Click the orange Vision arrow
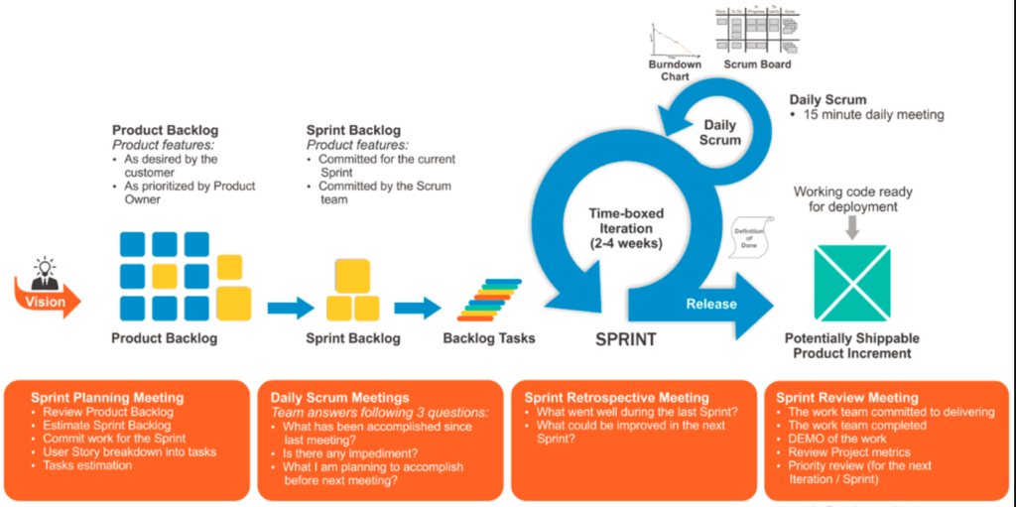(x=46, y=301)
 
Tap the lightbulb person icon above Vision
(x=44, y=272)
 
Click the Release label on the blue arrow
(x=711, y=304)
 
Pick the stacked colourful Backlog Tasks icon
(x=489, y=300)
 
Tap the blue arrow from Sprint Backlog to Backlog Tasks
(x=417, y=308)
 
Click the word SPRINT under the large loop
(x=625, y=339)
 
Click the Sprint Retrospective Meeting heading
(x=616, y=398)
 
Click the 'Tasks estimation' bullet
(x=87, y=465)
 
